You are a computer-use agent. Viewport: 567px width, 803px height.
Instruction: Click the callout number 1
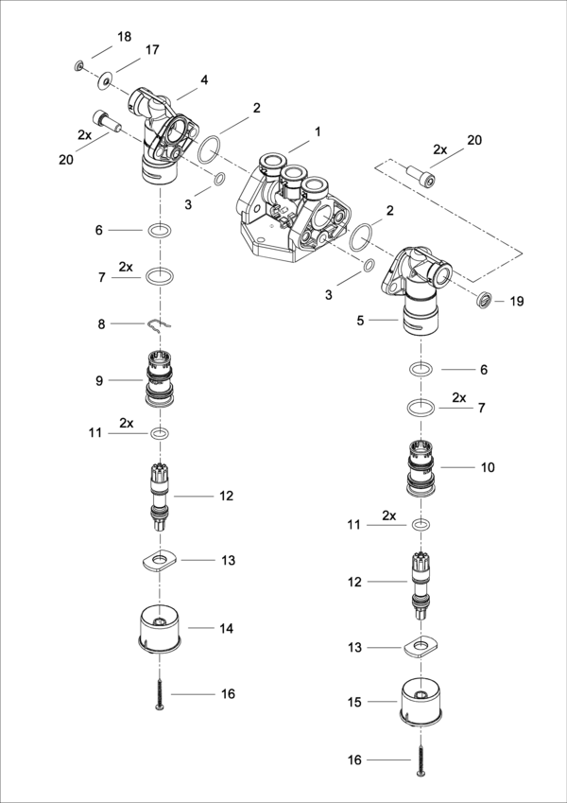(318, 131)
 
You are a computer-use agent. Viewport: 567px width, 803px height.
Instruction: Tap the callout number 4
(204, 80)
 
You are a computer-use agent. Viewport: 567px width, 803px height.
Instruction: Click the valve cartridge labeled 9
(162, 379)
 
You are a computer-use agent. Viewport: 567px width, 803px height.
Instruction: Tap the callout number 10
(489, 467)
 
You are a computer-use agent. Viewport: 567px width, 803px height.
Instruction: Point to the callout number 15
(354, 702)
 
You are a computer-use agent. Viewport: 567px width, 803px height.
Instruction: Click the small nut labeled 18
(80, 65)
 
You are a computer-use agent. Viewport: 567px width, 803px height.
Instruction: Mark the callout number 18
(124, 37)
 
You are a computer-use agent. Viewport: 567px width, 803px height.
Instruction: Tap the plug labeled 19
(483, 302)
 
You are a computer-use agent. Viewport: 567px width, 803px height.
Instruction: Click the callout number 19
(516, 302)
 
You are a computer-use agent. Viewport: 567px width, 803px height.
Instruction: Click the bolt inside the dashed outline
(421, 176)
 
